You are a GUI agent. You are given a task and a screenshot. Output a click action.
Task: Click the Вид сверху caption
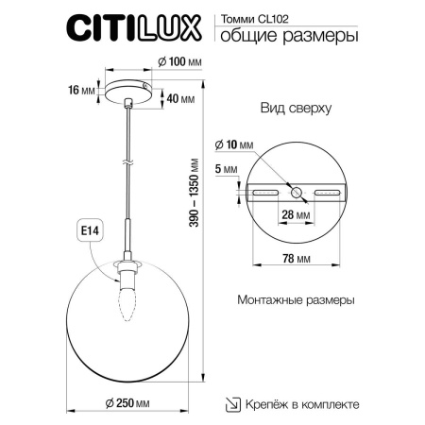click(295, 109)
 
